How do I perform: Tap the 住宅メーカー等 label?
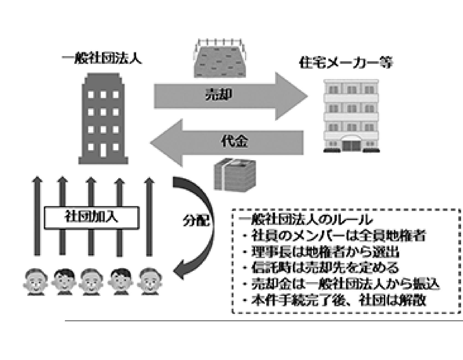click(346, 63)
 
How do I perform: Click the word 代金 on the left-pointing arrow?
click(235, 142)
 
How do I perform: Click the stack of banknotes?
click(235, 175)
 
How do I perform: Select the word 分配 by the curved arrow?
click(196, 220)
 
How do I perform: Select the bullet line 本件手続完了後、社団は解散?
click(339, 301)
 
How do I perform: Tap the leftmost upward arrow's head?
click(38, 180)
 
